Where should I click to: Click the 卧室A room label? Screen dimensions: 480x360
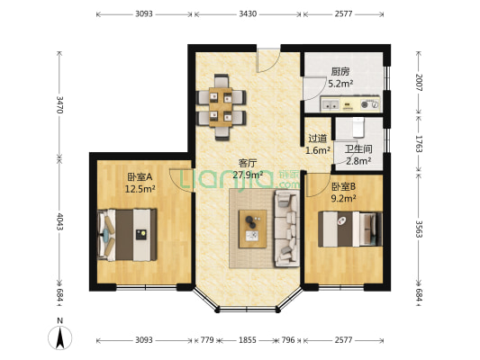[x=140, y=177]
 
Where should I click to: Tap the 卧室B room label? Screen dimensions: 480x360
[x=343, y=186]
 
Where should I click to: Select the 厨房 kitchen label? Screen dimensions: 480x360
[x=340, y=72]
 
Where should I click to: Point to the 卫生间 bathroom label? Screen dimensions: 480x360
[x=358, y=149]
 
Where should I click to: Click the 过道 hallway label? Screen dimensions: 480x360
[x=318, y=139]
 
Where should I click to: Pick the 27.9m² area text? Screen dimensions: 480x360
[x=248, y=175]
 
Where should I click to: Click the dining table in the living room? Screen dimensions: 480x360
[x=221, y=107]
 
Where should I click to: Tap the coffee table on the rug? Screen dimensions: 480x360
[x=252, y=229]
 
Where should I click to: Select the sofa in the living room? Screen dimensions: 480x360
[x=287, y=229]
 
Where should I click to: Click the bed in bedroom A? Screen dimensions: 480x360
[x=127, y=235]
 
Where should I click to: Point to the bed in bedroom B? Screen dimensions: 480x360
[x=350, y=229]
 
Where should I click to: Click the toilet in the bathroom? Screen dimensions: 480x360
[x=358, y=128]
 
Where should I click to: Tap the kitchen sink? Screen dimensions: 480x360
[x=331, y=104]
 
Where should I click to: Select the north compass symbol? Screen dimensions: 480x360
[x=60, y=337]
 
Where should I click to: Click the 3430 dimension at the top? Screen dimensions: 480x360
[x=248, y=14]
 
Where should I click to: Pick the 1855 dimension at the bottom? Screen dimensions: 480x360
[x=248, y=340]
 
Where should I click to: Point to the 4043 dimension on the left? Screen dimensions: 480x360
[x=59, y=222]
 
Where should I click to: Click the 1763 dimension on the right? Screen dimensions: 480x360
[x=419, y=144]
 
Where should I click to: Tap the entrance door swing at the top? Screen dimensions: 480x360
[x=268, y=60]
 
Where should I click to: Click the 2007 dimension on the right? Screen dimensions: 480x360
[x=419, y=83]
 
